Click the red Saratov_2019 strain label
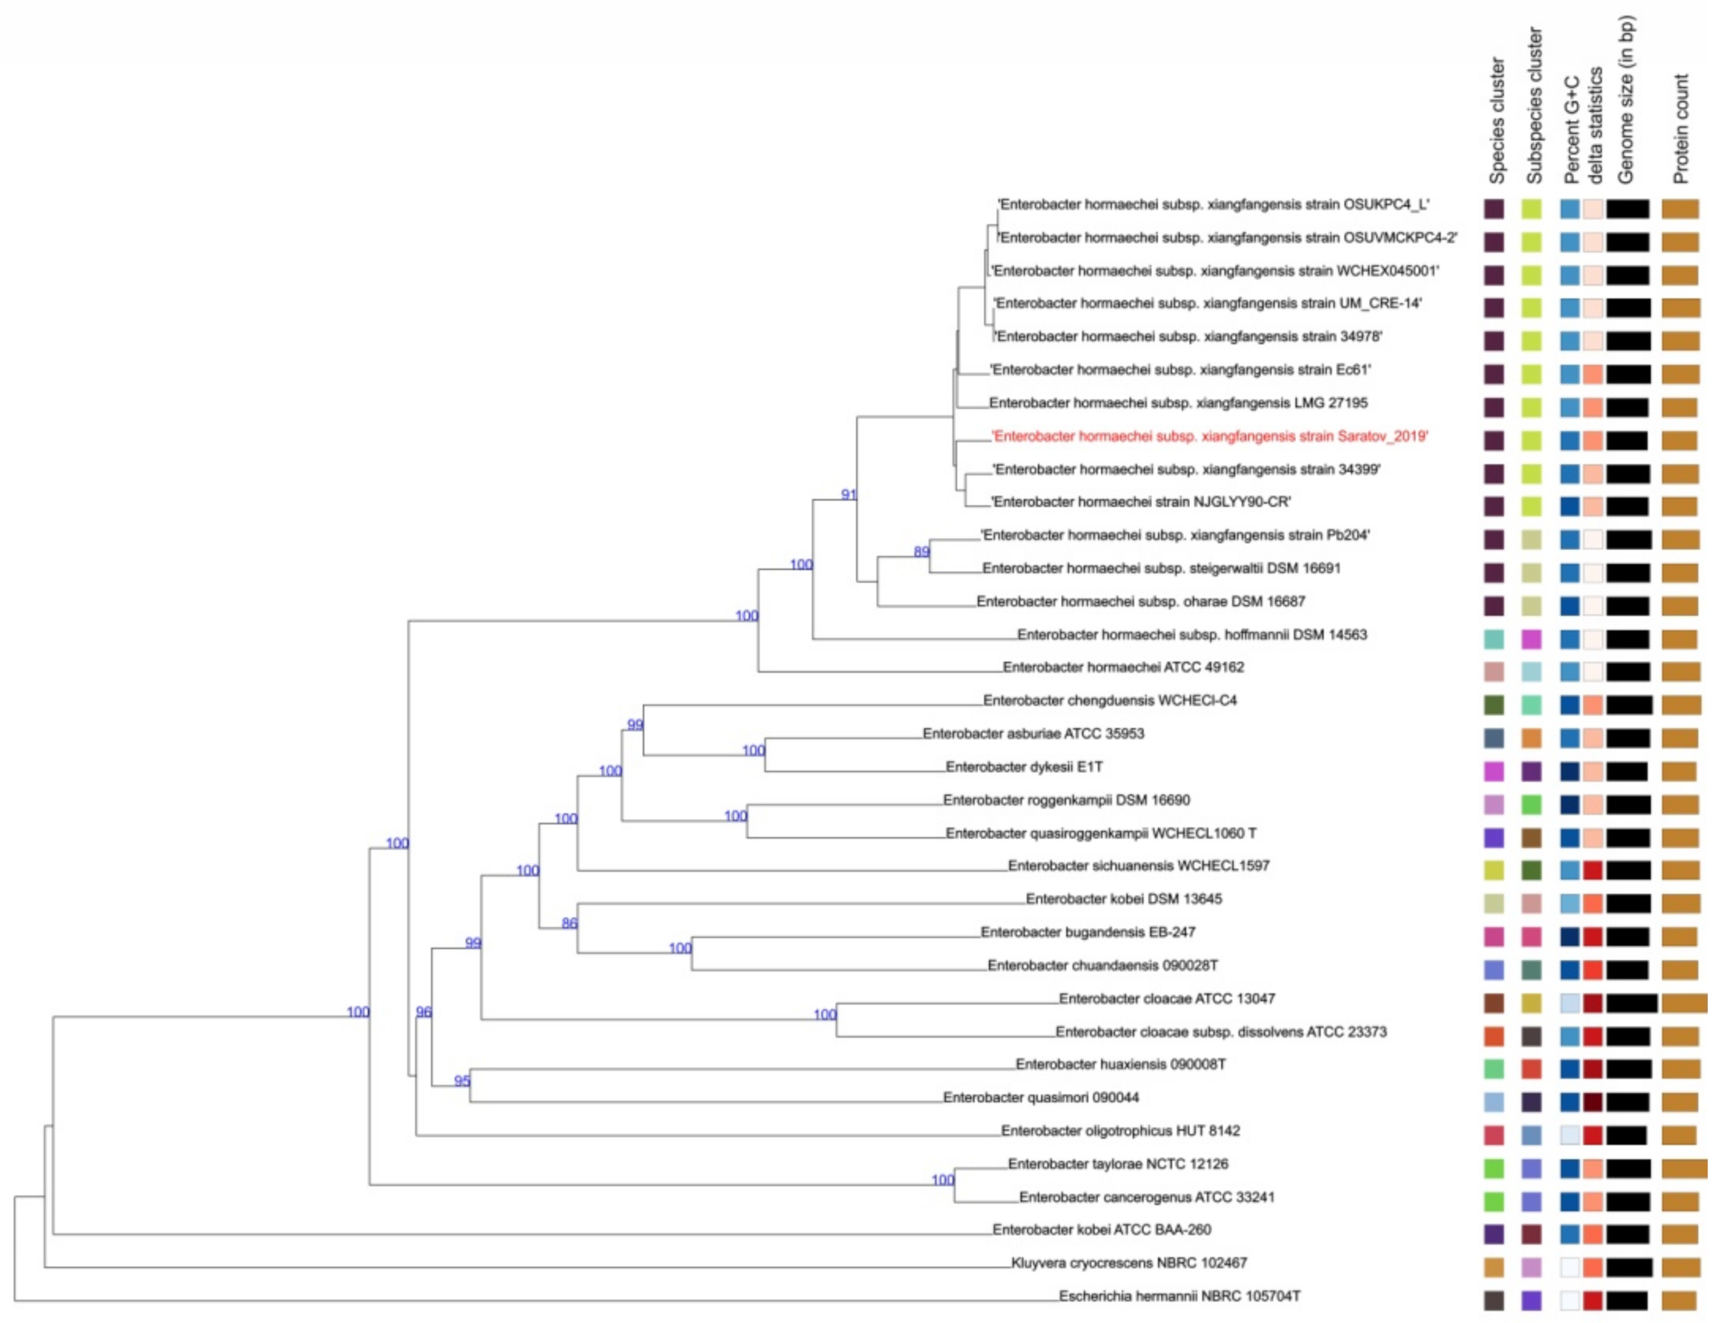point(1209,437)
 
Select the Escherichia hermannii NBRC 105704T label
point(1179,1296)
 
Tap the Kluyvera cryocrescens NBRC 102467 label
point(1129,1262)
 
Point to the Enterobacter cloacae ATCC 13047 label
point(1166,998)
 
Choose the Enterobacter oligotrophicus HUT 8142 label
point(1120,1131)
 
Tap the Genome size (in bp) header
point(1626,101)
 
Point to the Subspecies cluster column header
point(1534,106)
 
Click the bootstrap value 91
point(848,494)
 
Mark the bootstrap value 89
point(921,552)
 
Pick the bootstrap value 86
point(569,923)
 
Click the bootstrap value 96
point(424,1012)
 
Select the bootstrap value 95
point(462,1081)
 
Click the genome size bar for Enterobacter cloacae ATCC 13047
point(1631,1003)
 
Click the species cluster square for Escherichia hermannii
point(1493,1300)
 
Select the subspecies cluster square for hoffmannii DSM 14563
point(1531,638)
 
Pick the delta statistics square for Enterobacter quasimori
point(1592,1102)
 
